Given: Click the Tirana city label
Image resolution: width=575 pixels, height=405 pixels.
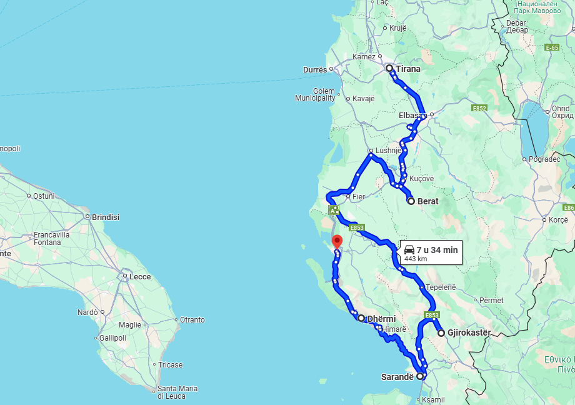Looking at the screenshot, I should (407, 69).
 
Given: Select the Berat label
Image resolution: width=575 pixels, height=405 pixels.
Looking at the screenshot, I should (428, 201).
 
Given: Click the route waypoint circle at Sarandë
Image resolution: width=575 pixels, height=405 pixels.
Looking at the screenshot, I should (421, 377).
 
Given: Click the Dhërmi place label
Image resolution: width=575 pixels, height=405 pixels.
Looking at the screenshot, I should (381, 319).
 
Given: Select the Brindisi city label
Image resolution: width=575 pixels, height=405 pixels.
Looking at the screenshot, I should (106, 217).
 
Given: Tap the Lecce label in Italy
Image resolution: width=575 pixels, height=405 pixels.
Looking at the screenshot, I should (140, 276).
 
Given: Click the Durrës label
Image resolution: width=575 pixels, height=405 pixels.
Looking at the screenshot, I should (315, 69).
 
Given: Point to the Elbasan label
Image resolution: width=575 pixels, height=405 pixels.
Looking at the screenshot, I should (411, 116).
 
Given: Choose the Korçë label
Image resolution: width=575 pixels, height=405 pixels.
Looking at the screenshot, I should (557, 220).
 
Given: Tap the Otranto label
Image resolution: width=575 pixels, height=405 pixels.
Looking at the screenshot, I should (192, 319).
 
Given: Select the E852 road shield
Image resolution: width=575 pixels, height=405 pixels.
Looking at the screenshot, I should (479, 108).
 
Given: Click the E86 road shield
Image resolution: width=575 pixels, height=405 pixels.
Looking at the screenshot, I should (568, 207).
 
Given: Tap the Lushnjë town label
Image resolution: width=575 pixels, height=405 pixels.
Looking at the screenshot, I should (387, 150).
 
